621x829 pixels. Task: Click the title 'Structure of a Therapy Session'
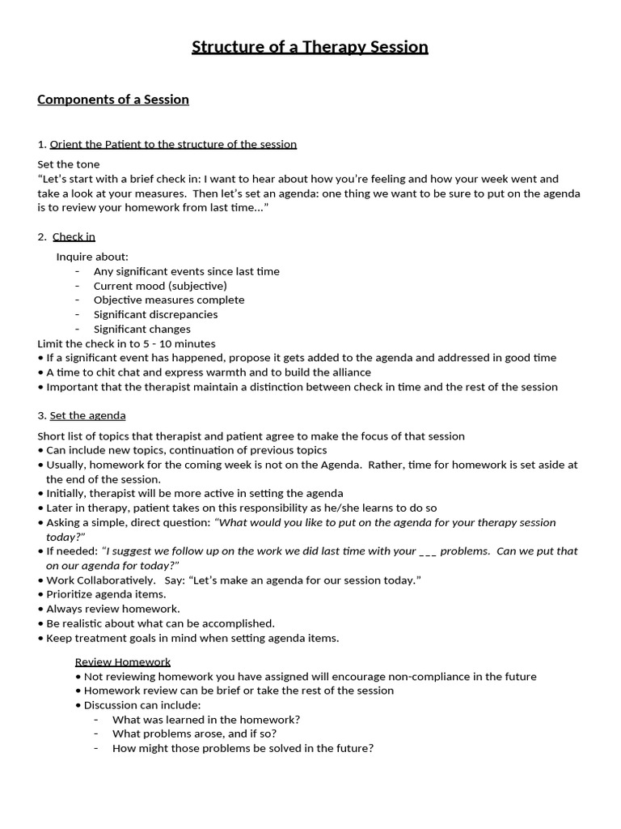[310, 47]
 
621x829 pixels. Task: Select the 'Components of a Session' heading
[113, 100]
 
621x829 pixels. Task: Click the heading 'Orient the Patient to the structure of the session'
[173, 144]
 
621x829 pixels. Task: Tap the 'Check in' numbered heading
[74, 236]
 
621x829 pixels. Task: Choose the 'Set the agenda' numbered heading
[87, 415]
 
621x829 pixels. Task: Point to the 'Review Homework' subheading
[123, 661]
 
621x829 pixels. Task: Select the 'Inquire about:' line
[92, 257]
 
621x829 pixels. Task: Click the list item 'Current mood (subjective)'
[160, 286]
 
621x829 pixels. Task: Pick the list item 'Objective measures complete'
[169, 300]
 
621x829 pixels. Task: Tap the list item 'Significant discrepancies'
[155, 314]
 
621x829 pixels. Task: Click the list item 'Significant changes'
[142, 329]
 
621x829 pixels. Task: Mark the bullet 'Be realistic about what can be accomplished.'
[160, 623]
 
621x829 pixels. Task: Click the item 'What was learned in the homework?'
[206, 719]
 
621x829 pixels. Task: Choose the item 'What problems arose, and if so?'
[194, 733]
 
